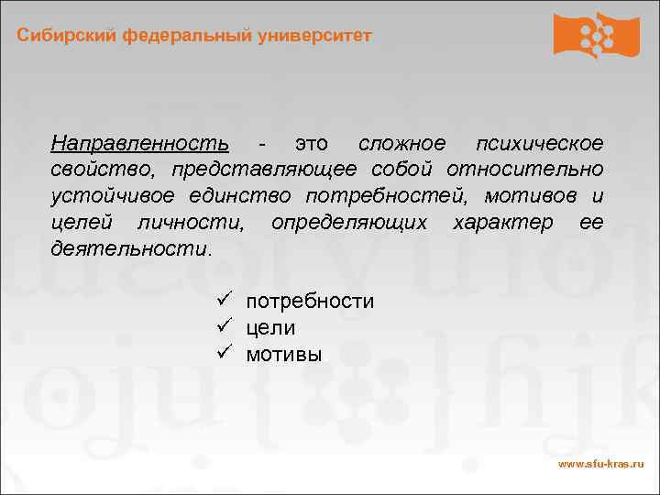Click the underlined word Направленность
(x=140, y=144)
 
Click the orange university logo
(x=596, y=37)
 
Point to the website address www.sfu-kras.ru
(x=601, y=466)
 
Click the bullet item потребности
(x=310, y=302)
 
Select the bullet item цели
(x=270, y=327)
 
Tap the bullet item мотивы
(x=284, y=354)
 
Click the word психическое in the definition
(x=540, y=144)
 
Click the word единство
(x=247, y=196)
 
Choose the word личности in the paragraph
(x=191, y=223)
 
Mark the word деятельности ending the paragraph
(x=129, y=248)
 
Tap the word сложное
(x=402, y=144)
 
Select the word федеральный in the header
(x=190, y=36)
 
